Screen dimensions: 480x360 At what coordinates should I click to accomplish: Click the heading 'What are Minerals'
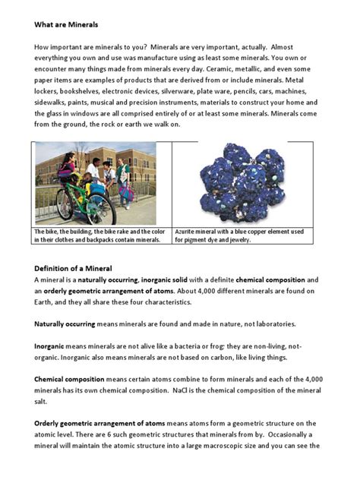coord(66,25)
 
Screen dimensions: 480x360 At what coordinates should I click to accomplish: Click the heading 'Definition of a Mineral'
coord(73,268)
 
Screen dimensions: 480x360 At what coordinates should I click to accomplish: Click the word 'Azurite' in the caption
coord(186,232)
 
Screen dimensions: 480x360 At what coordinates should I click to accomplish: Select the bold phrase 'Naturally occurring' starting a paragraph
coord(65,324)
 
